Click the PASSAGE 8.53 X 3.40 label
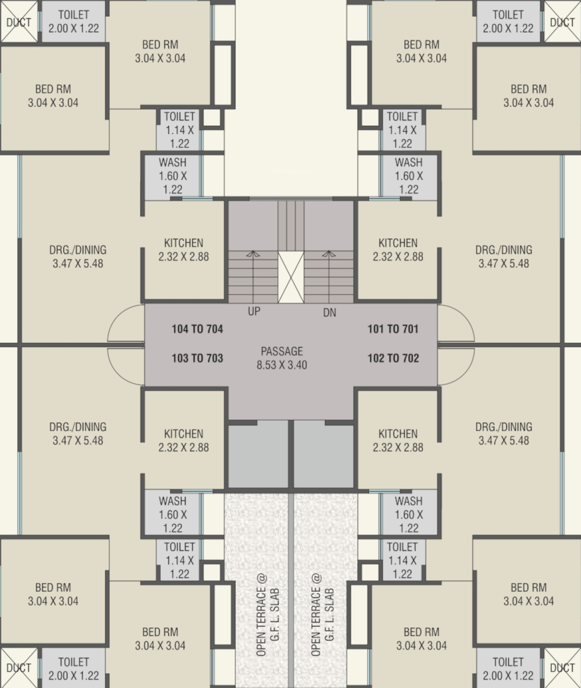click(x=282, y=358)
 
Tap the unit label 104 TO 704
click(x=197, y=329)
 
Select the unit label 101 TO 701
click(x=393, y=329)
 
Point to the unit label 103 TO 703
click(x=197, y=358)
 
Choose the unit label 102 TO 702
click(x=393, y=358)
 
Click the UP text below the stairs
click(x=254, y=311)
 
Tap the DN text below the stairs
click(x=330, y=312)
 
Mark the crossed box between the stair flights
click(x=291, y=277)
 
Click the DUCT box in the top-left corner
click(x=19, y=21)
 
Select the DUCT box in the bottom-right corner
click(x=562, y=668)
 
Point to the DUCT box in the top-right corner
click(x=562, y=21)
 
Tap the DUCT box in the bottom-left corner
click(x=19, y=668)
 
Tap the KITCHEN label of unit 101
click(x=398, y=250)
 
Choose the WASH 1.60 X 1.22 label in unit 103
click(x=173, y=514)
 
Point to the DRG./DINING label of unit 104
click(x=78, y=256)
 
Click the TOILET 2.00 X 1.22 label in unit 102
click(x=508, y=669)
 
